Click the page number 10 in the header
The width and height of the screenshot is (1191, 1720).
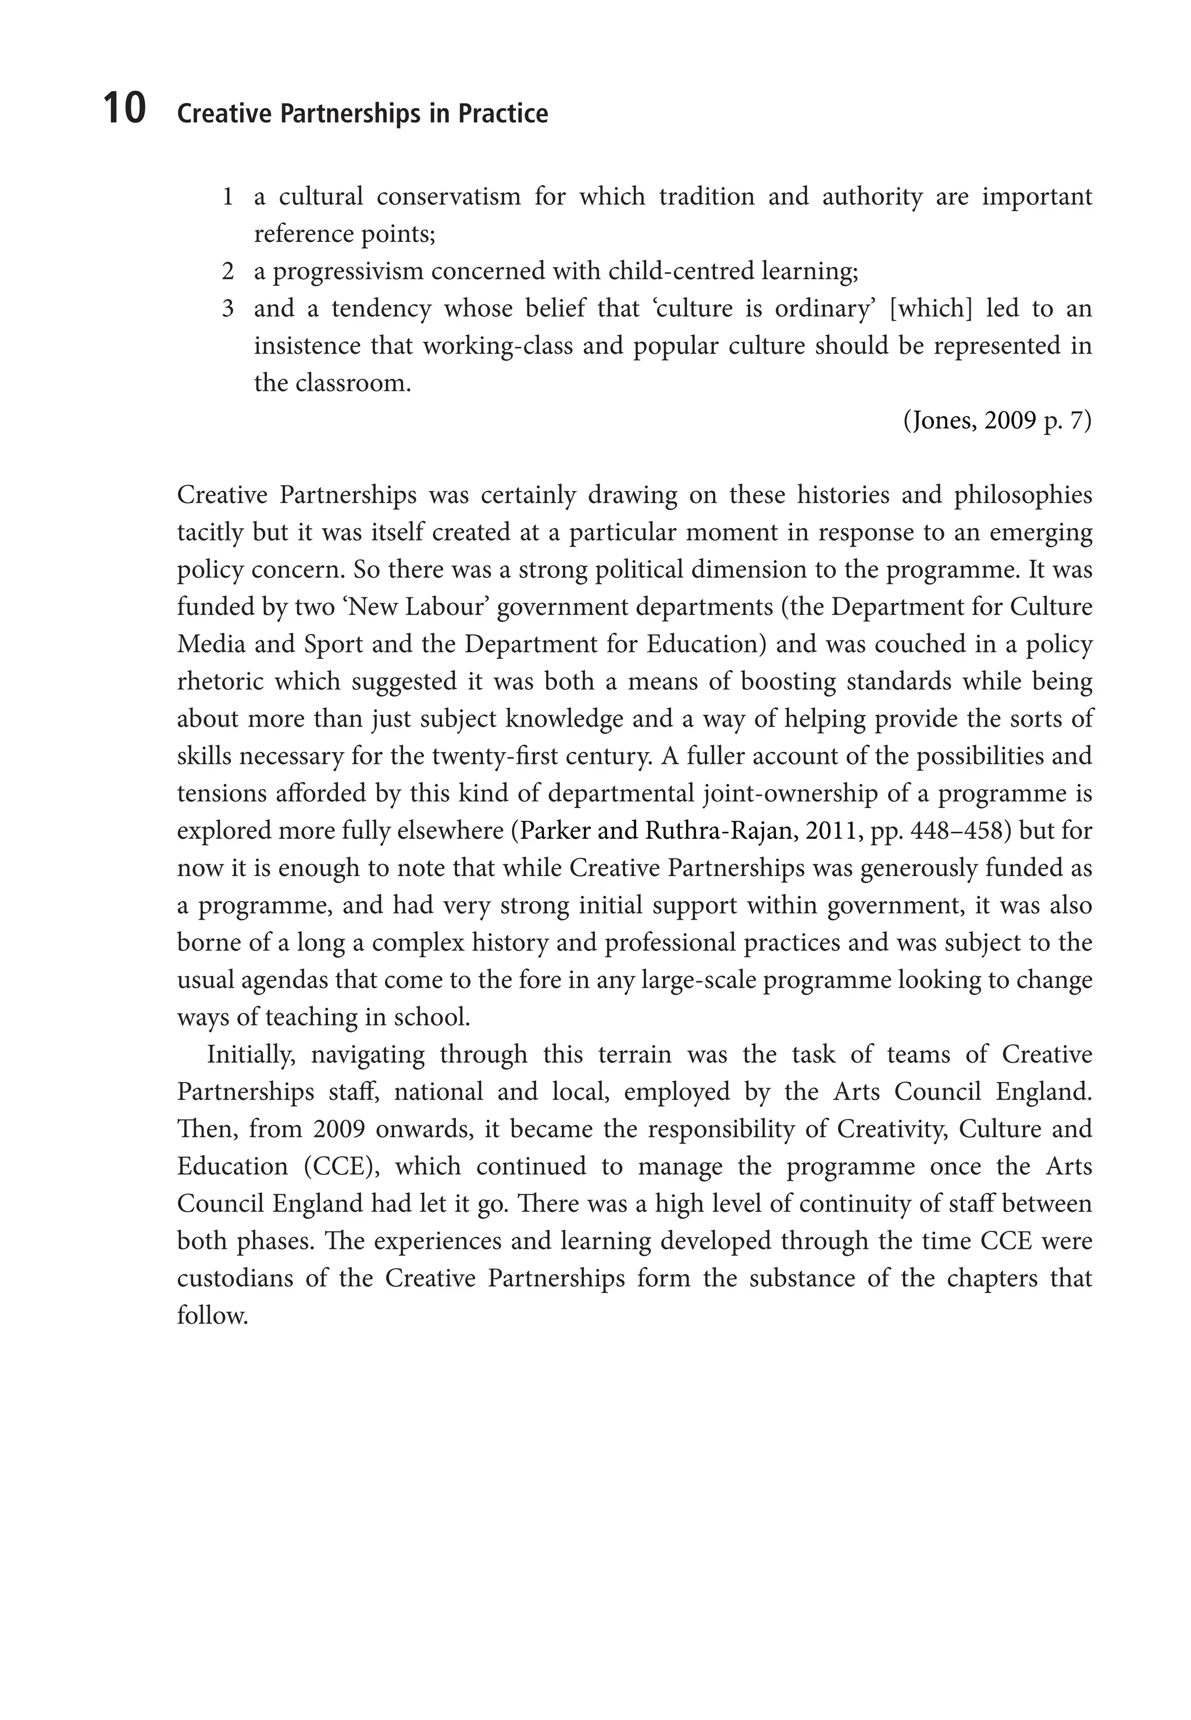124,109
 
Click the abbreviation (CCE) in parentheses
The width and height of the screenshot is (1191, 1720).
341,1167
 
